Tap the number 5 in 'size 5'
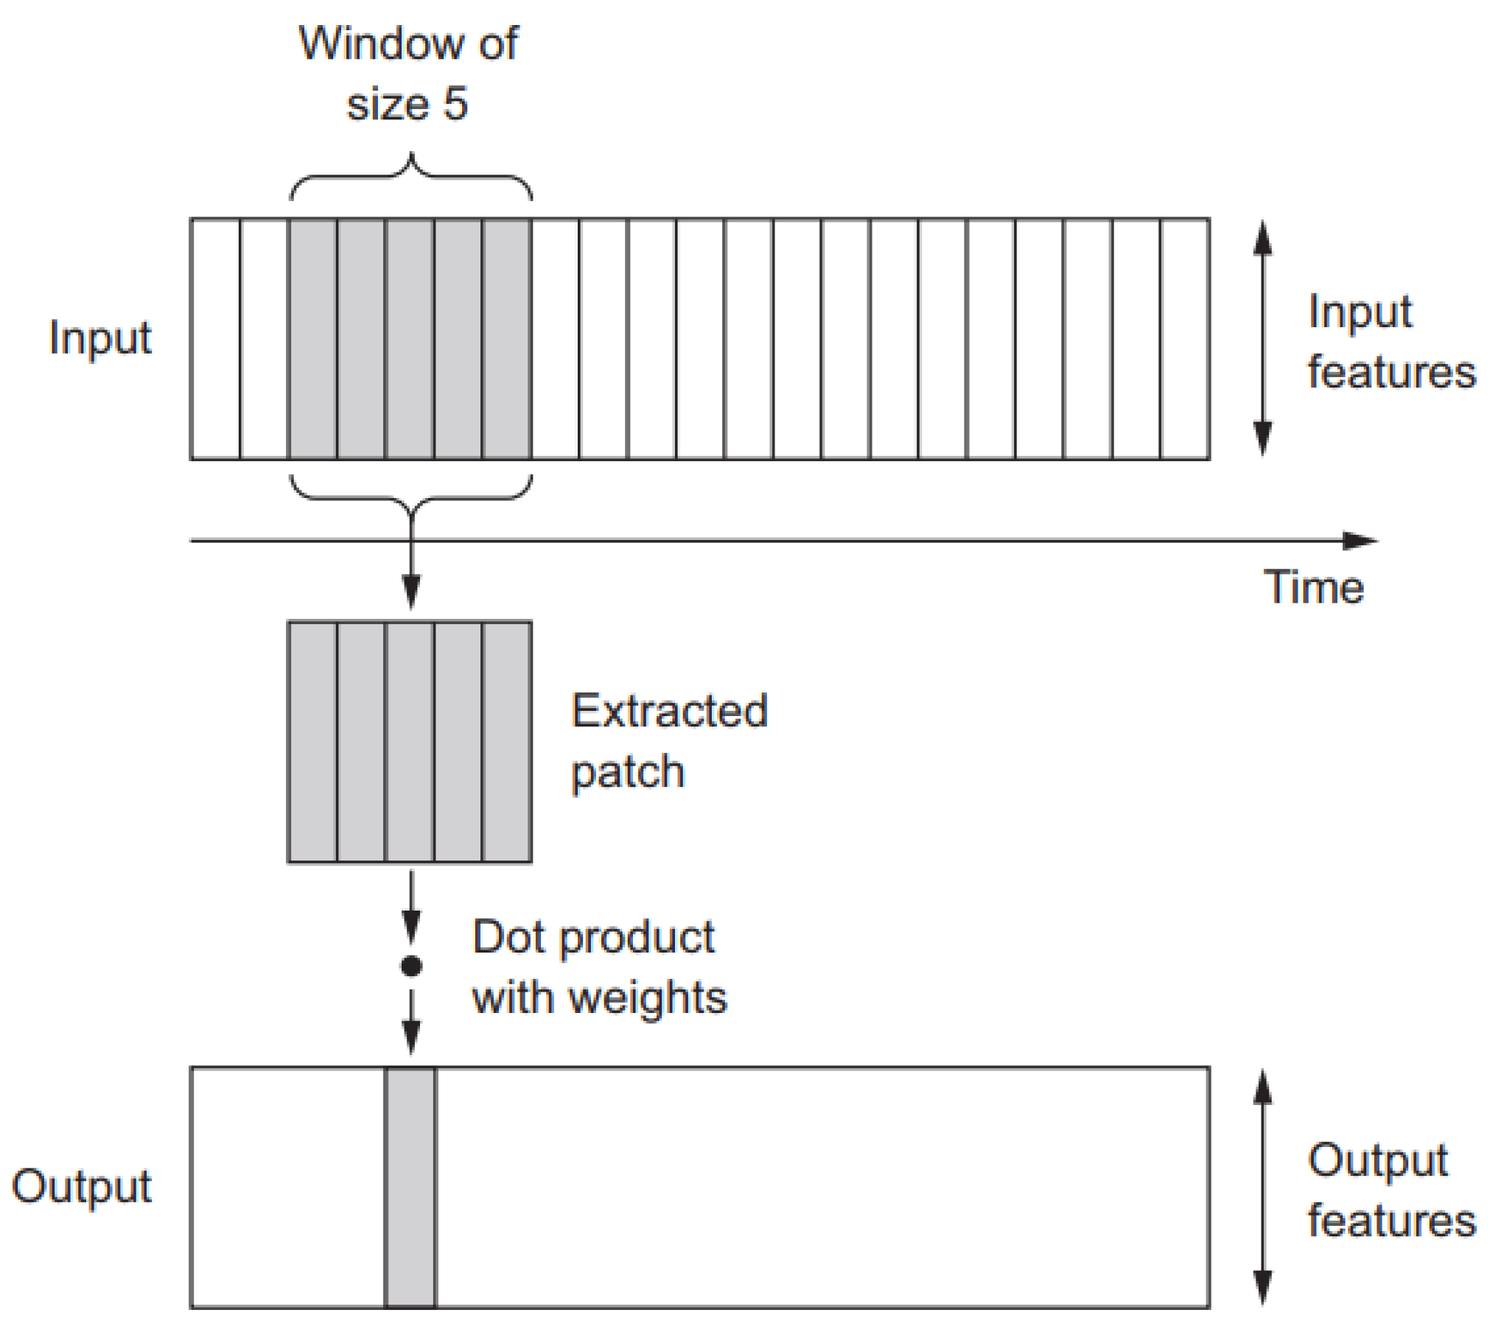(455, 104)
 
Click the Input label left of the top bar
(100, 339)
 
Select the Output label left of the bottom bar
(81, 1186)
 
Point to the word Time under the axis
(1314, 587)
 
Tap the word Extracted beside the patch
(669, 711)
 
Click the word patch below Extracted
(628, 772)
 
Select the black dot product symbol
(410, 966)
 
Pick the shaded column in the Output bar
(410, 1188)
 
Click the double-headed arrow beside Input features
(1262, 339)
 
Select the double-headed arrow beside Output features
(1262, 1188)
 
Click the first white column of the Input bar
(215, 339)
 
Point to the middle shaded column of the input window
(410, 339)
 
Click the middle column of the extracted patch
(410, 741)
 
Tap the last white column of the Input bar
(1185, 339)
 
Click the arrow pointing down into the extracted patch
(410, 582)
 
